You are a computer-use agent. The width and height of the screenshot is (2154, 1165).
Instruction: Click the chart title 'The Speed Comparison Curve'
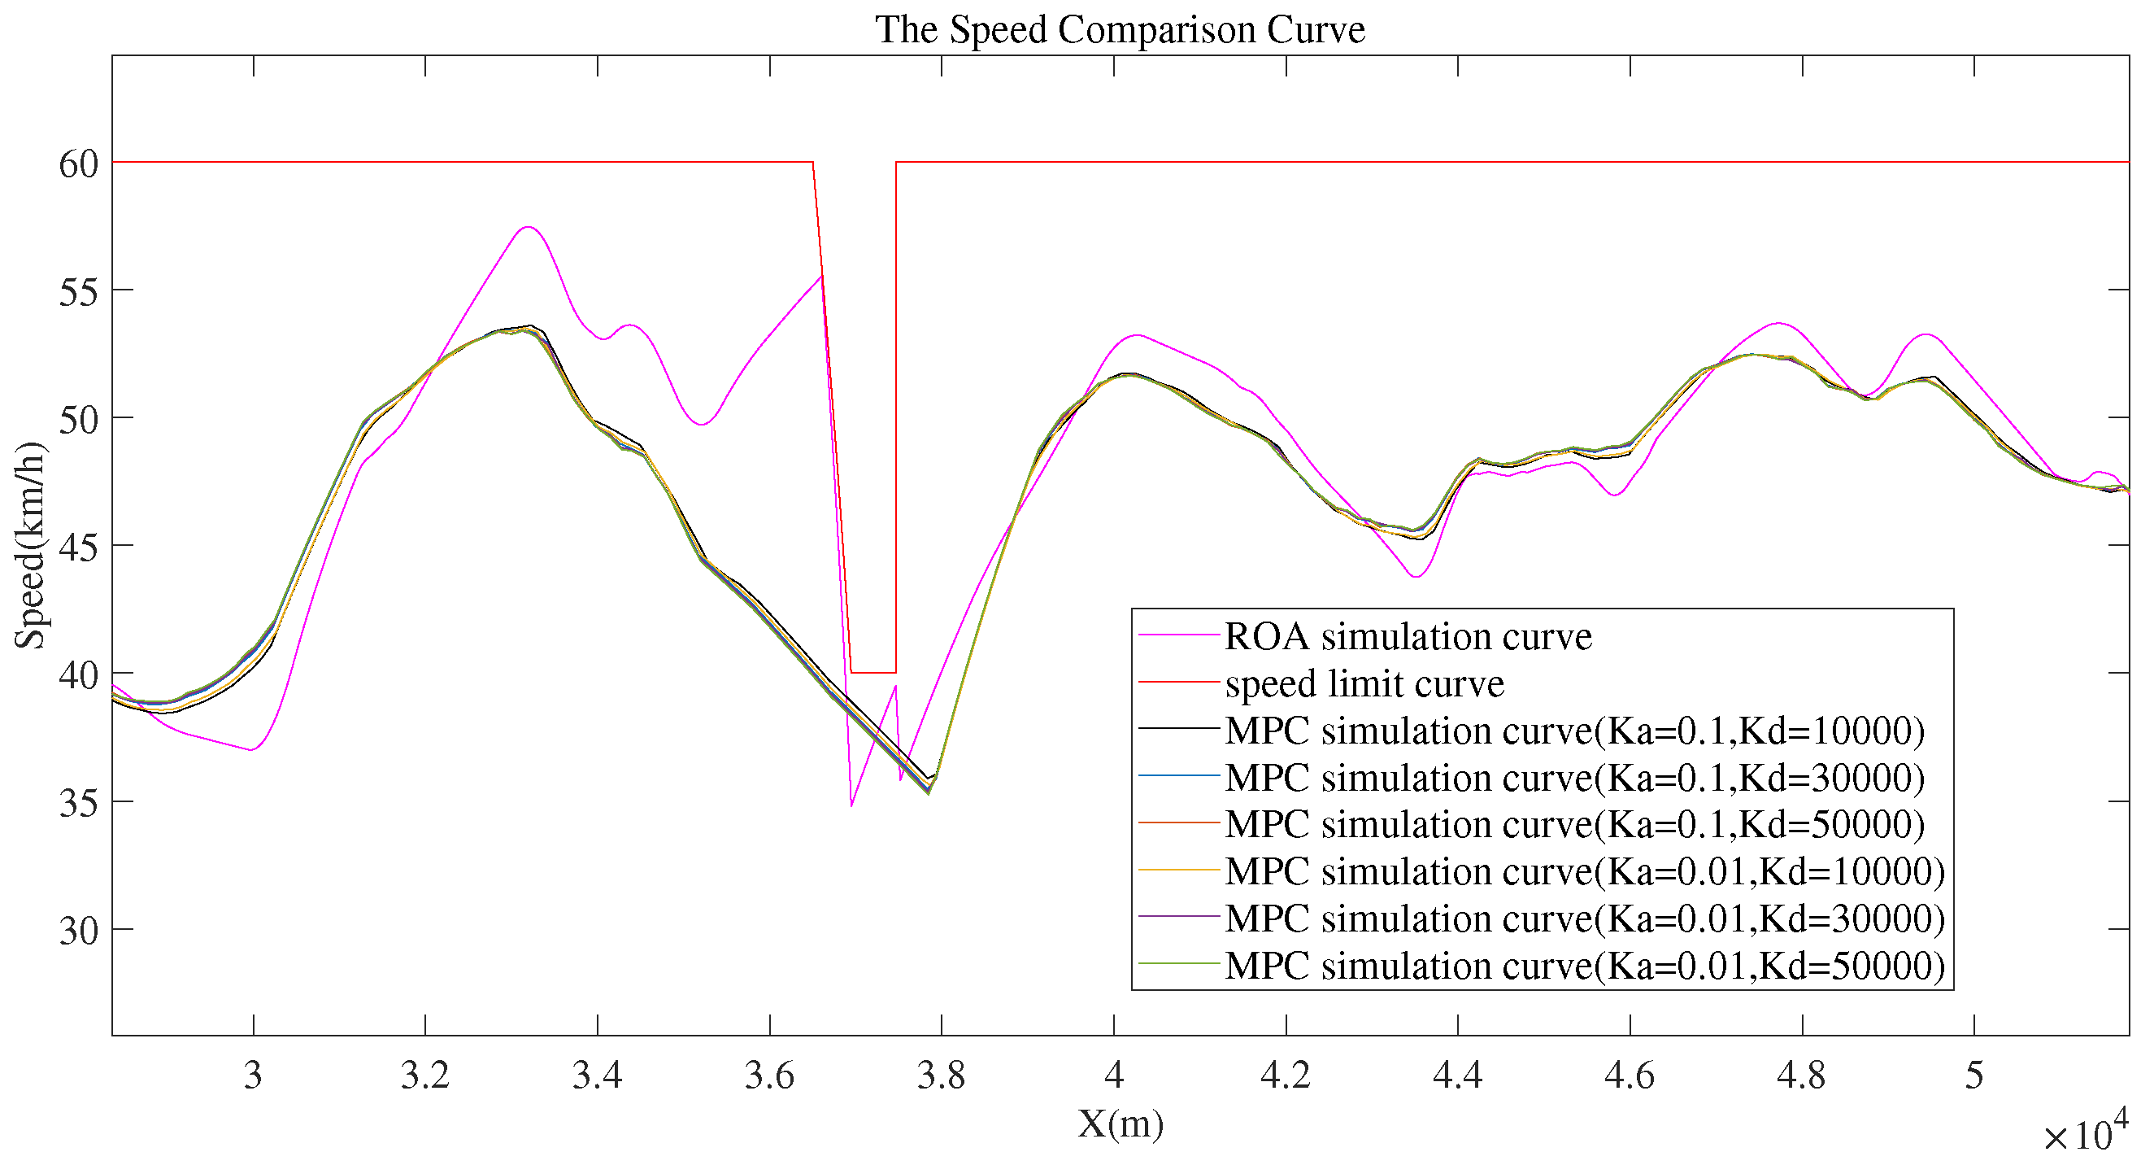[x=1120, y=30]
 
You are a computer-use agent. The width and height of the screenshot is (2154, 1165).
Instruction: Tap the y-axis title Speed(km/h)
[x=30, y=545]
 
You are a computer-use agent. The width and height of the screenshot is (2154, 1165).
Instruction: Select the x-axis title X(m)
[x=1120, y=1124]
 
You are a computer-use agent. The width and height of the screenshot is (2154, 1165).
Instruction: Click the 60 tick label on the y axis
[x=79, y=164]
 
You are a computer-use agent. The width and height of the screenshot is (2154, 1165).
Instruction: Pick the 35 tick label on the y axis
[x=79, y=803]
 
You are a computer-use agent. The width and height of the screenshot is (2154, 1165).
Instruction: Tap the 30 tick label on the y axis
[x=79, y=931]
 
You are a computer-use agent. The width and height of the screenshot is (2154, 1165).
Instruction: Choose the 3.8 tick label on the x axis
[x=941, y=1076]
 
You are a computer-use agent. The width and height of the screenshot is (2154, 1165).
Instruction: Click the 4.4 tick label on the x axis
[x=1456, y=1076]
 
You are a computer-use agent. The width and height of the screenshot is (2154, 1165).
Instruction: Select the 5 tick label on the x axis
[x=1973, y=1076]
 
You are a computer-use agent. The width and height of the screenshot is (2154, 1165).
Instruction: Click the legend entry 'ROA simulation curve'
[x=1408, y=636]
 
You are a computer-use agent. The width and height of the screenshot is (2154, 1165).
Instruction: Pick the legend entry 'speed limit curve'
[x=1363, y=684]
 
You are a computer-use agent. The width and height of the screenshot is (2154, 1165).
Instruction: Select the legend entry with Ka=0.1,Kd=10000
[x=1573, y=731]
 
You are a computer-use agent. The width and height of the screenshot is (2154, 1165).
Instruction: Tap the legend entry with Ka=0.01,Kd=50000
[x=1584, y=966]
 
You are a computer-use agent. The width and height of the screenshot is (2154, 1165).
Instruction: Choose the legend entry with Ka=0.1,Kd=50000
[x=1573, y=825]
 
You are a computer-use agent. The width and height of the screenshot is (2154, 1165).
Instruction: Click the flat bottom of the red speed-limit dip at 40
[x=873, y=673]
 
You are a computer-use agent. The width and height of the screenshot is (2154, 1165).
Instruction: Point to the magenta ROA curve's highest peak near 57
[x=528, y=227]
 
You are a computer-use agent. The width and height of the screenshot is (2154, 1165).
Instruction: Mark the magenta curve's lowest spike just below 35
[x=851, y=805]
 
